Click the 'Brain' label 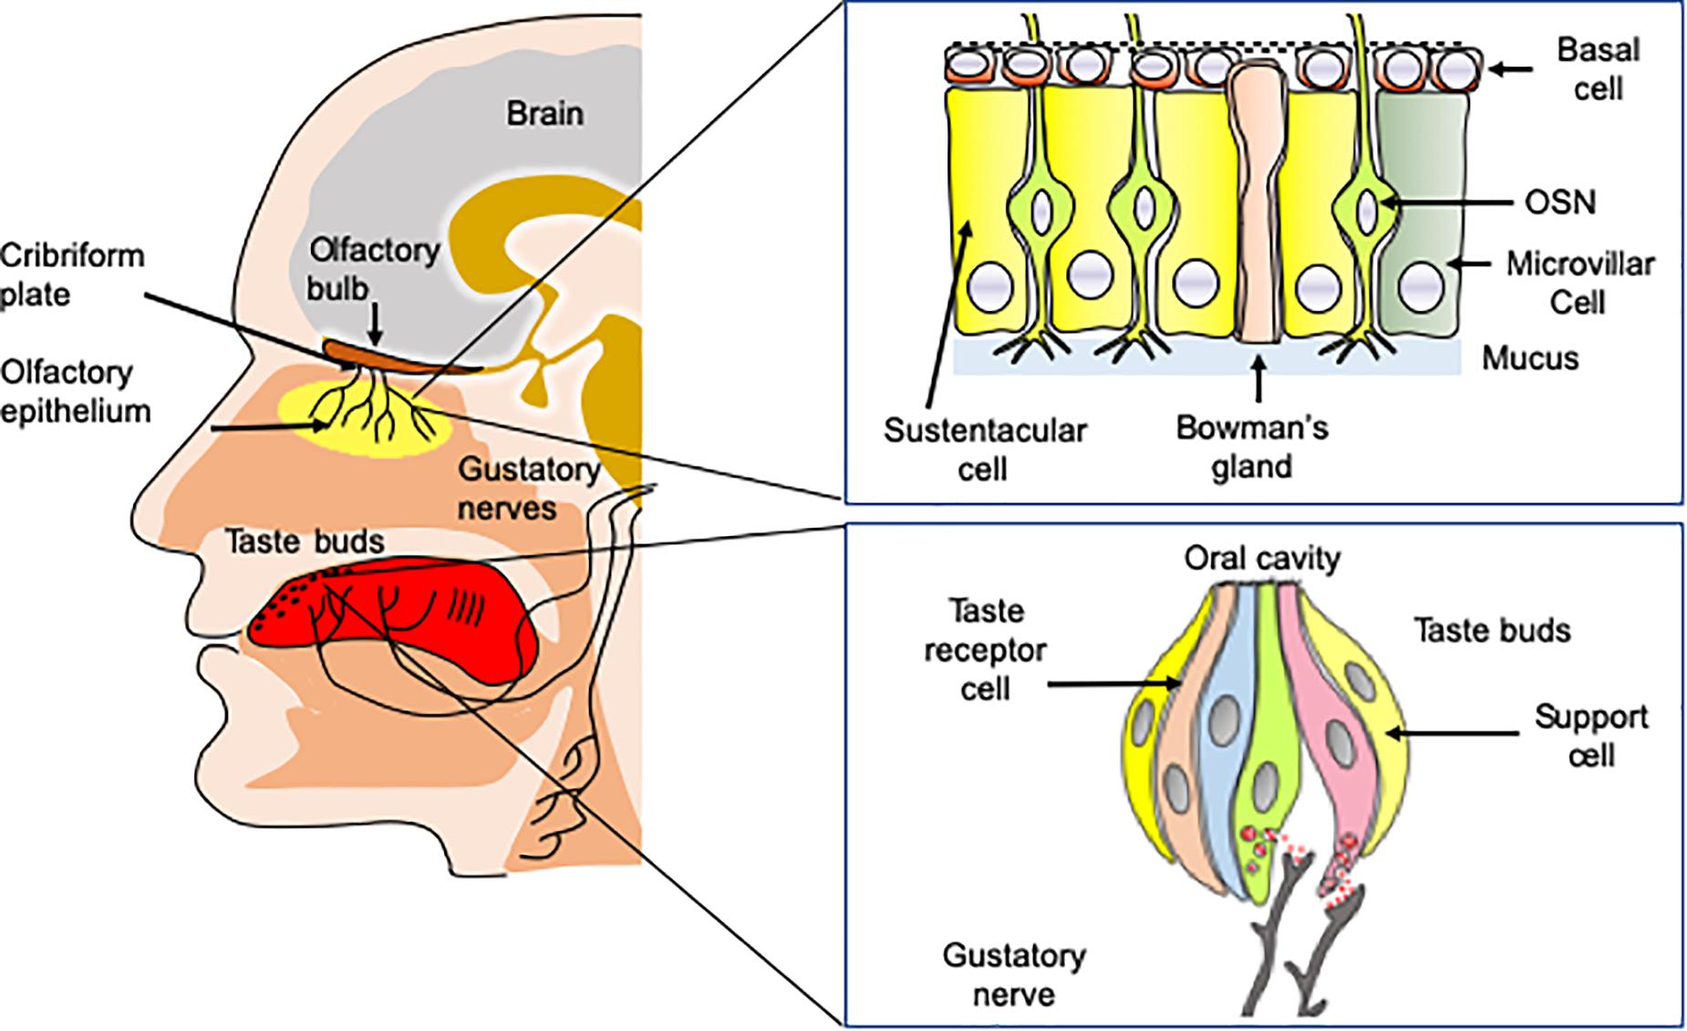click(x=544, y=115)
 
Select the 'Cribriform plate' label click(x=71, y=275)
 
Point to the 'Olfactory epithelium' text click(x=75, y=392)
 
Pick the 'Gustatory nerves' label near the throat click(x=528, y=489)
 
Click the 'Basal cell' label click(x=1598, y=68)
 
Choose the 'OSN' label click(x=1560, y=202)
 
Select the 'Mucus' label click(x=1529, y=358)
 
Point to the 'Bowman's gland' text click(x=1252, y=447)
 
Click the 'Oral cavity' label click(x=1262, y=558)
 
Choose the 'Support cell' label click(x=1590, y=736)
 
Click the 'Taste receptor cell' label click(x=985, y=650)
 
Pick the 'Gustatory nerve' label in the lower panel click(x=1013, y=974)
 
